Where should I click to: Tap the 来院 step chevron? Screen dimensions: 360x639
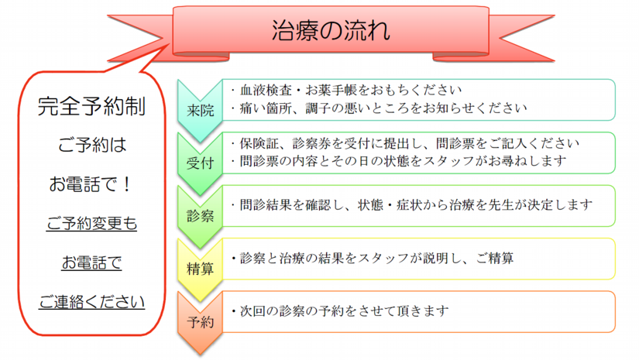(200, 110)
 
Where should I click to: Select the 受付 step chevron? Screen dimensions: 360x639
(200, 162)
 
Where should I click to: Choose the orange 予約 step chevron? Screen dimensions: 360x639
(200, 321)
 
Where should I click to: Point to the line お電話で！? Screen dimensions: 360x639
(91, 185)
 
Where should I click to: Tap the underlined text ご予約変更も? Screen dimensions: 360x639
(91, 224)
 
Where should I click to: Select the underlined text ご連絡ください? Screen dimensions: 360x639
(91, 300)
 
